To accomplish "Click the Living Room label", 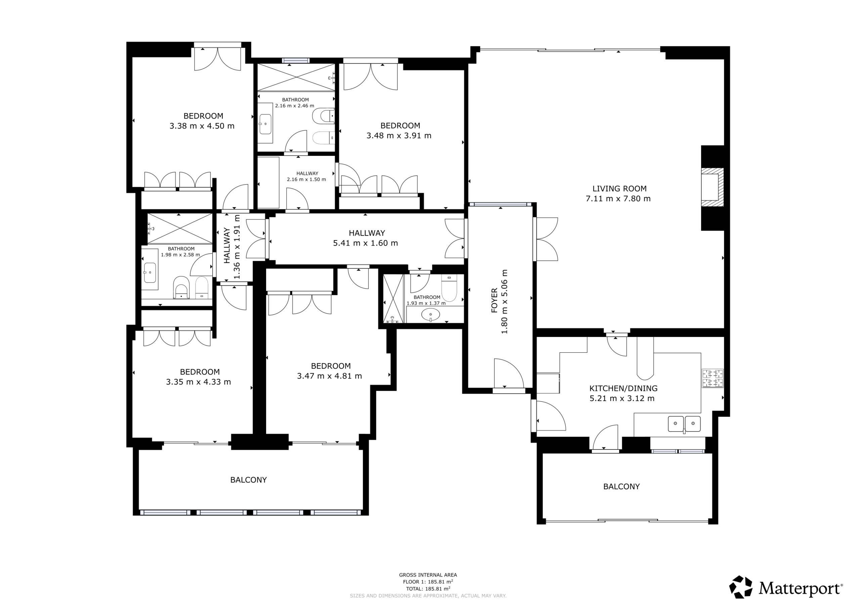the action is (x=619, y=189).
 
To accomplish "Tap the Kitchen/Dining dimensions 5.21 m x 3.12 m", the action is (x=622, y=399).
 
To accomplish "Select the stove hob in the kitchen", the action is (x=713, y=378).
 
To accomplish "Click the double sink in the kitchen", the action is (x=684, y=424).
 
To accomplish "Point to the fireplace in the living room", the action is (x=713, y=187).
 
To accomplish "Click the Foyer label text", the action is (x=494, y=300).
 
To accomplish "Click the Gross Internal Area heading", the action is (x=428, y=575).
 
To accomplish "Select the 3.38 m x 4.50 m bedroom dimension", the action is (x=202, y=126).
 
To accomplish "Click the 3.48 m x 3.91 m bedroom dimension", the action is (x=399, y=136).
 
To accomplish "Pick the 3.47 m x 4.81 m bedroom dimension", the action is (x=330, y=376).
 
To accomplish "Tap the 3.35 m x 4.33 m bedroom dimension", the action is (x=199, y=382).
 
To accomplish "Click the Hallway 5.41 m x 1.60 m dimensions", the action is (x=365, y=243).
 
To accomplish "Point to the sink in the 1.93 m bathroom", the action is (x=430, y=315).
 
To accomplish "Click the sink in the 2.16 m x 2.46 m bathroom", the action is (x=265, y=124).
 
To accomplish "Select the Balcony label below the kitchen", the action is (x=621, y=487).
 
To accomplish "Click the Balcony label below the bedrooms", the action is (x=248, y=480).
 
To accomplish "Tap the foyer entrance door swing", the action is (x=509, y=373).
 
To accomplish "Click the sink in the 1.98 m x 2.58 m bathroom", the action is (x=150, y=273).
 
